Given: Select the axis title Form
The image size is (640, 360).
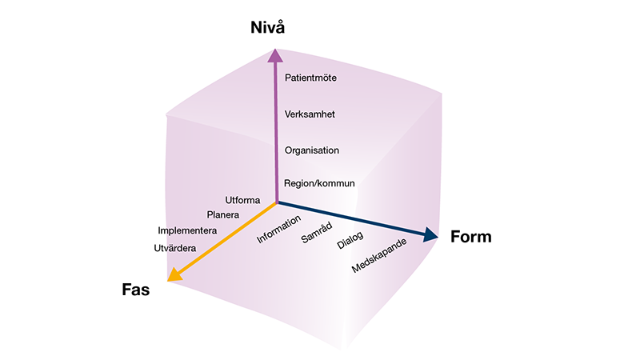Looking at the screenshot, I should tap(470, 237).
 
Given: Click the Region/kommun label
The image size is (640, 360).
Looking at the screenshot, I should tap(319, 184).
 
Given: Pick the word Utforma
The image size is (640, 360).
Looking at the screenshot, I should tap(243, 199).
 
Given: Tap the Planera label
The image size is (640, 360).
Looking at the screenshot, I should tap(223, 214).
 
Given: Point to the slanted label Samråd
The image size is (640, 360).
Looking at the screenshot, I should tap(317, 234).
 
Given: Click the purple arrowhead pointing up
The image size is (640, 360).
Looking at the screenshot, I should tap(274, 54).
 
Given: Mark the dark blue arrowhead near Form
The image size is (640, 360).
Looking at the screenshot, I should tap(431, 234).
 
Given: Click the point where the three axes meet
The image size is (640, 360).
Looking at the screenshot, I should tap(276, 202).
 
